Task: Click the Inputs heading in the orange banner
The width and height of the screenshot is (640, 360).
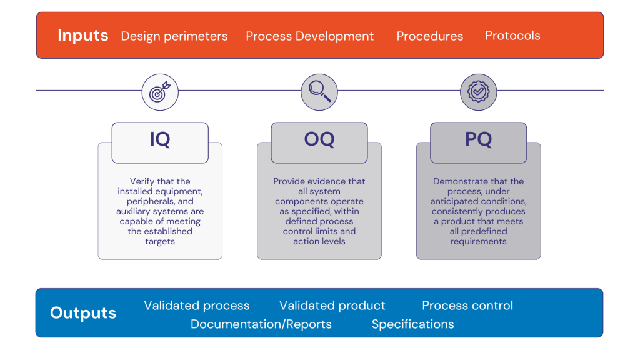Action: pos(82,36)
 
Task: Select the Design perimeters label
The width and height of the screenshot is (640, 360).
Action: pos(174,36)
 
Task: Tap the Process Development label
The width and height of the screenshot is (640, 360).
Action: pos(309,36)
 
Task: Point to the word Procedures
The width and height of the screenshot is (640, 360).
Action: pos(430,36)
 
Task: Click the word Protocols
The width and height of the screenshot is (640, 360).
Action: pos(512,36)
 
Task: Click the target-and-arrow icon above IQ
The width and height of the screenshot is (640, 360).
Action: pos(160,92)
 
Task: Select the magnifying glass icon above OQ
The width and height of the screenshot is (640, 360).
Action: pos(319,92)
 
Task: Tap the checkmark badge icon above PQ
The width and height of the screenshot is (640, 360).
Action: pos(479,92)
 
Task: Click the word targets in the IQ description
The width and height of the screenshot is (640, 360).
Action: pos(160,241)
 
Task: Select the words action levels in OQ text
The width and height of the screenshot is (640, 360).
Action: pos(319,241)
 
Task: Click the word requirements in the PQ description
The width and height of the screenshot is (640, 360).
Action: pos(479,241)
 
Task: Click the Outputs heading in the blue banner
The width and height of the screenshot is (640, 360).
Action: pos(83,313)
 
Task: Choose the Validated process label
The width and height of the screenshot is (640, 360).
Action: pos(197,306)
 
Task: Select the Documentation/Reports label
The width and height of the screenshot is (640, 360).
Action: pos(261,324)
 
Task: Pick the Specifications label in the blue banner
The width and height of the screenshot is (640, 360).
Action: pos(412,324)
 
